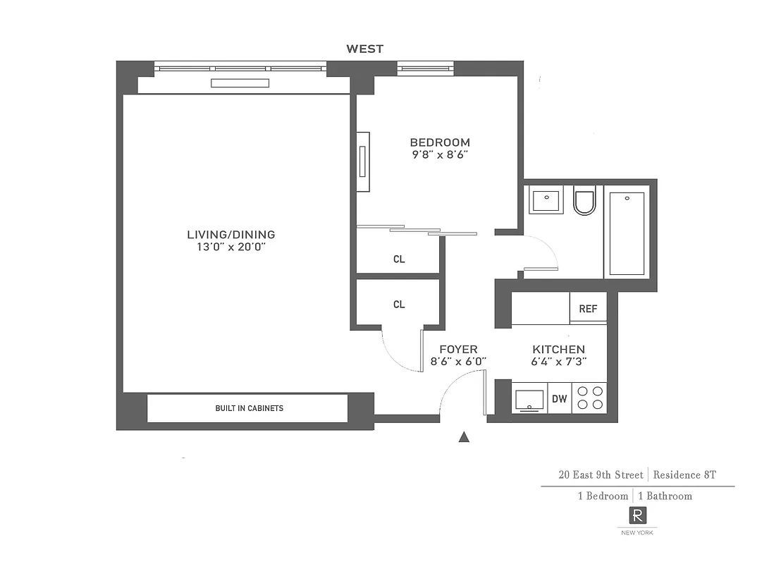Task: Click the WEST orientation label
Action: [x=364, y=49]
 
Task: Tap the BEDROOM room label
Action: [x=440, y=142]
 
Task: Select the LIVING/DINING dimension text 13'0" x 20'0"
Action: [x=231, y=247]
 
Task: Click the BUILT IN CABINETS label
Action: [x=249, y=408]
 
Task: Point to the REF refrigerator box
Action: [x=588, y=309]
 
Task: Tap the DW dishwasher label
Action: [x=560, y=399]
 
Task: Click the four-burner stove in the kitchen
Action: [x=589, y=398]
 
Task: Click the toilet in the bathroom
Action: [x=585, y=201]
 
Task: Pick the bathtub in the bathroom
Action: [x=627, y=232]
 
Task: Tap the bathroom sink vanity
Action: [x=546, y=200]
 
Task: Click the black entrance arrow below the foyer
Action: [x=464, y=437]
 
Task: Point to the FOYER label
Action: [x=458, y=350]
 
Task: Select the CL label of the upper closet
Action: [x=399, y=259]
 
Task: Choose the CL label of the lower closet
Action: [x=399, y=305]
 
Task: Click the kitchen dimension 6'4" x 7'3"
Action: [x=559, y=361]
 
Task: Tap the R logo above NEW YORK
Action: [x=637, y=515]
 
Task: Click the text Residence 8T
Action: [x=685, y=475]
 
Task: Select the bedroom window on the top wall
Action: [x=425, y=68]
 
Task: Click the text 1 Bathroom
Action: [x=665, y=496]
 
